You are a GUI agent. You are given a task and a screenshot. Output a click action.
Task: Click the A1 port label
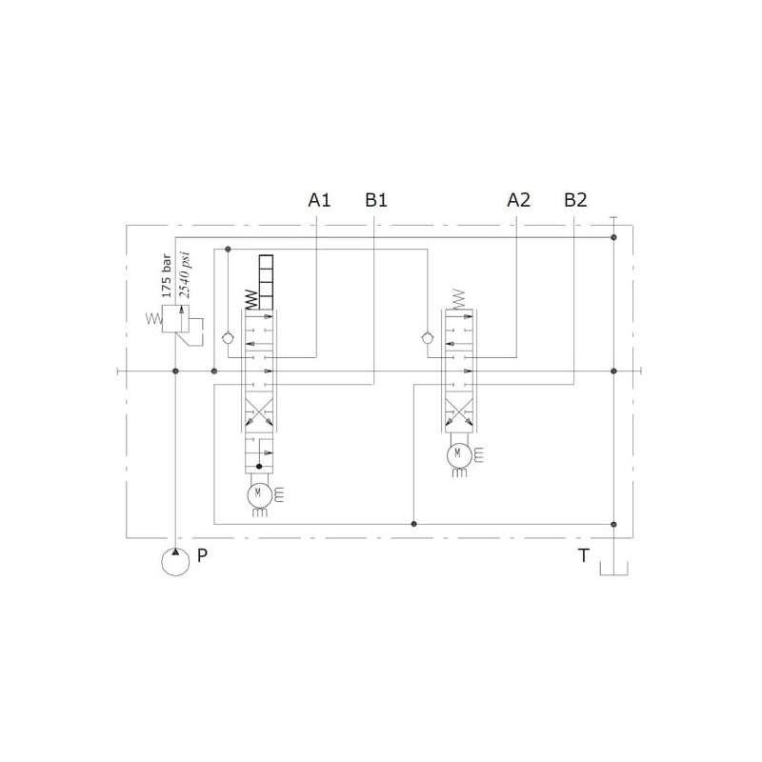tap(319, 200)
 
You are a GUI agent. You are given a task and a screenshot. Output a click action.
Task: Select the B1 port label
tap(376, 200)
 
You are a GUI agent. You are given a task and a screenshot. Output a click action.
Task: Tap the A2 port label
tap(518, 200)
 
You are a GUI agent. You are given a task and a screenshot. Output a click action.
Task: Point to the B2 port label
tap(575, 200)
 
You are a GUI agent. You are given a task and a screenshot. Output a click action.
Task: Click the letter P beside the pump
tap(202, 555)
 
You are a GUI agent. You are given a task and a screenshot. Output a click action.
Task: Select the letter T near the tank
tap(583, 555)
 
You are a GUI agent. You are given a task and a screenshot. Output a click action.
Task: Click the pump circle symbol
tap(175, 561)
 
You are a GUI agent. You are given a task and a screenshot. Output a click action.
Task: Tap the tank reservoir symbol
tap(613, 569)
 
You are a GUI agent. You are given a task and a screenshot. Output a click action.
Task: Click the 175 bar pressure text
tap(167, 275)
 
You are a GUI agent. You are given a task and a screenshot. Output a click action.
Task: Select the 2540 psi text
tap(184, 274)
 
